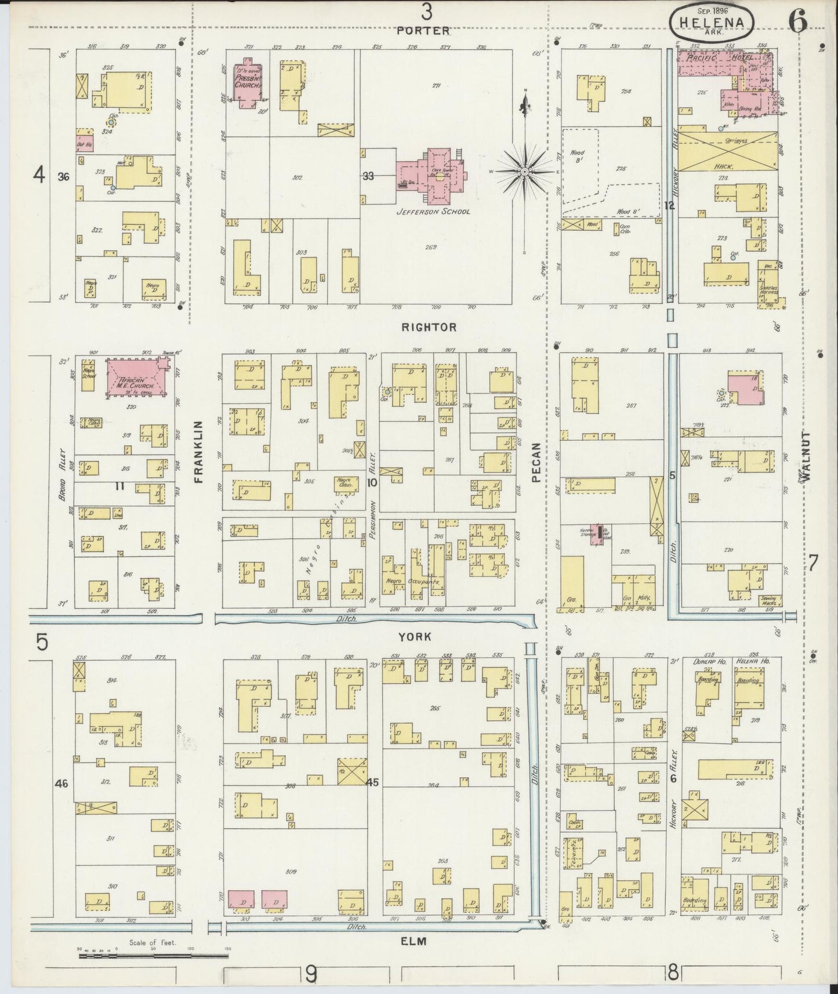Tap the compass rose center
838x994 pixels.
[x=524, y=172]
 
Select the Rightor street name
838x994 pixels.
[x=429, y=327]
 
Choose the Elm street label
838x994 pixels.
[x=414, y=942]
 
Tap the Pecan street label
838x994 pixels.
[x=536, y=463]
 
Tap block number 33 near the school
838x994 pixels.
[x=368, y=176]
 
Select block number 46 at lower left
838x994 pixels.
[x=61, y=783]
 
